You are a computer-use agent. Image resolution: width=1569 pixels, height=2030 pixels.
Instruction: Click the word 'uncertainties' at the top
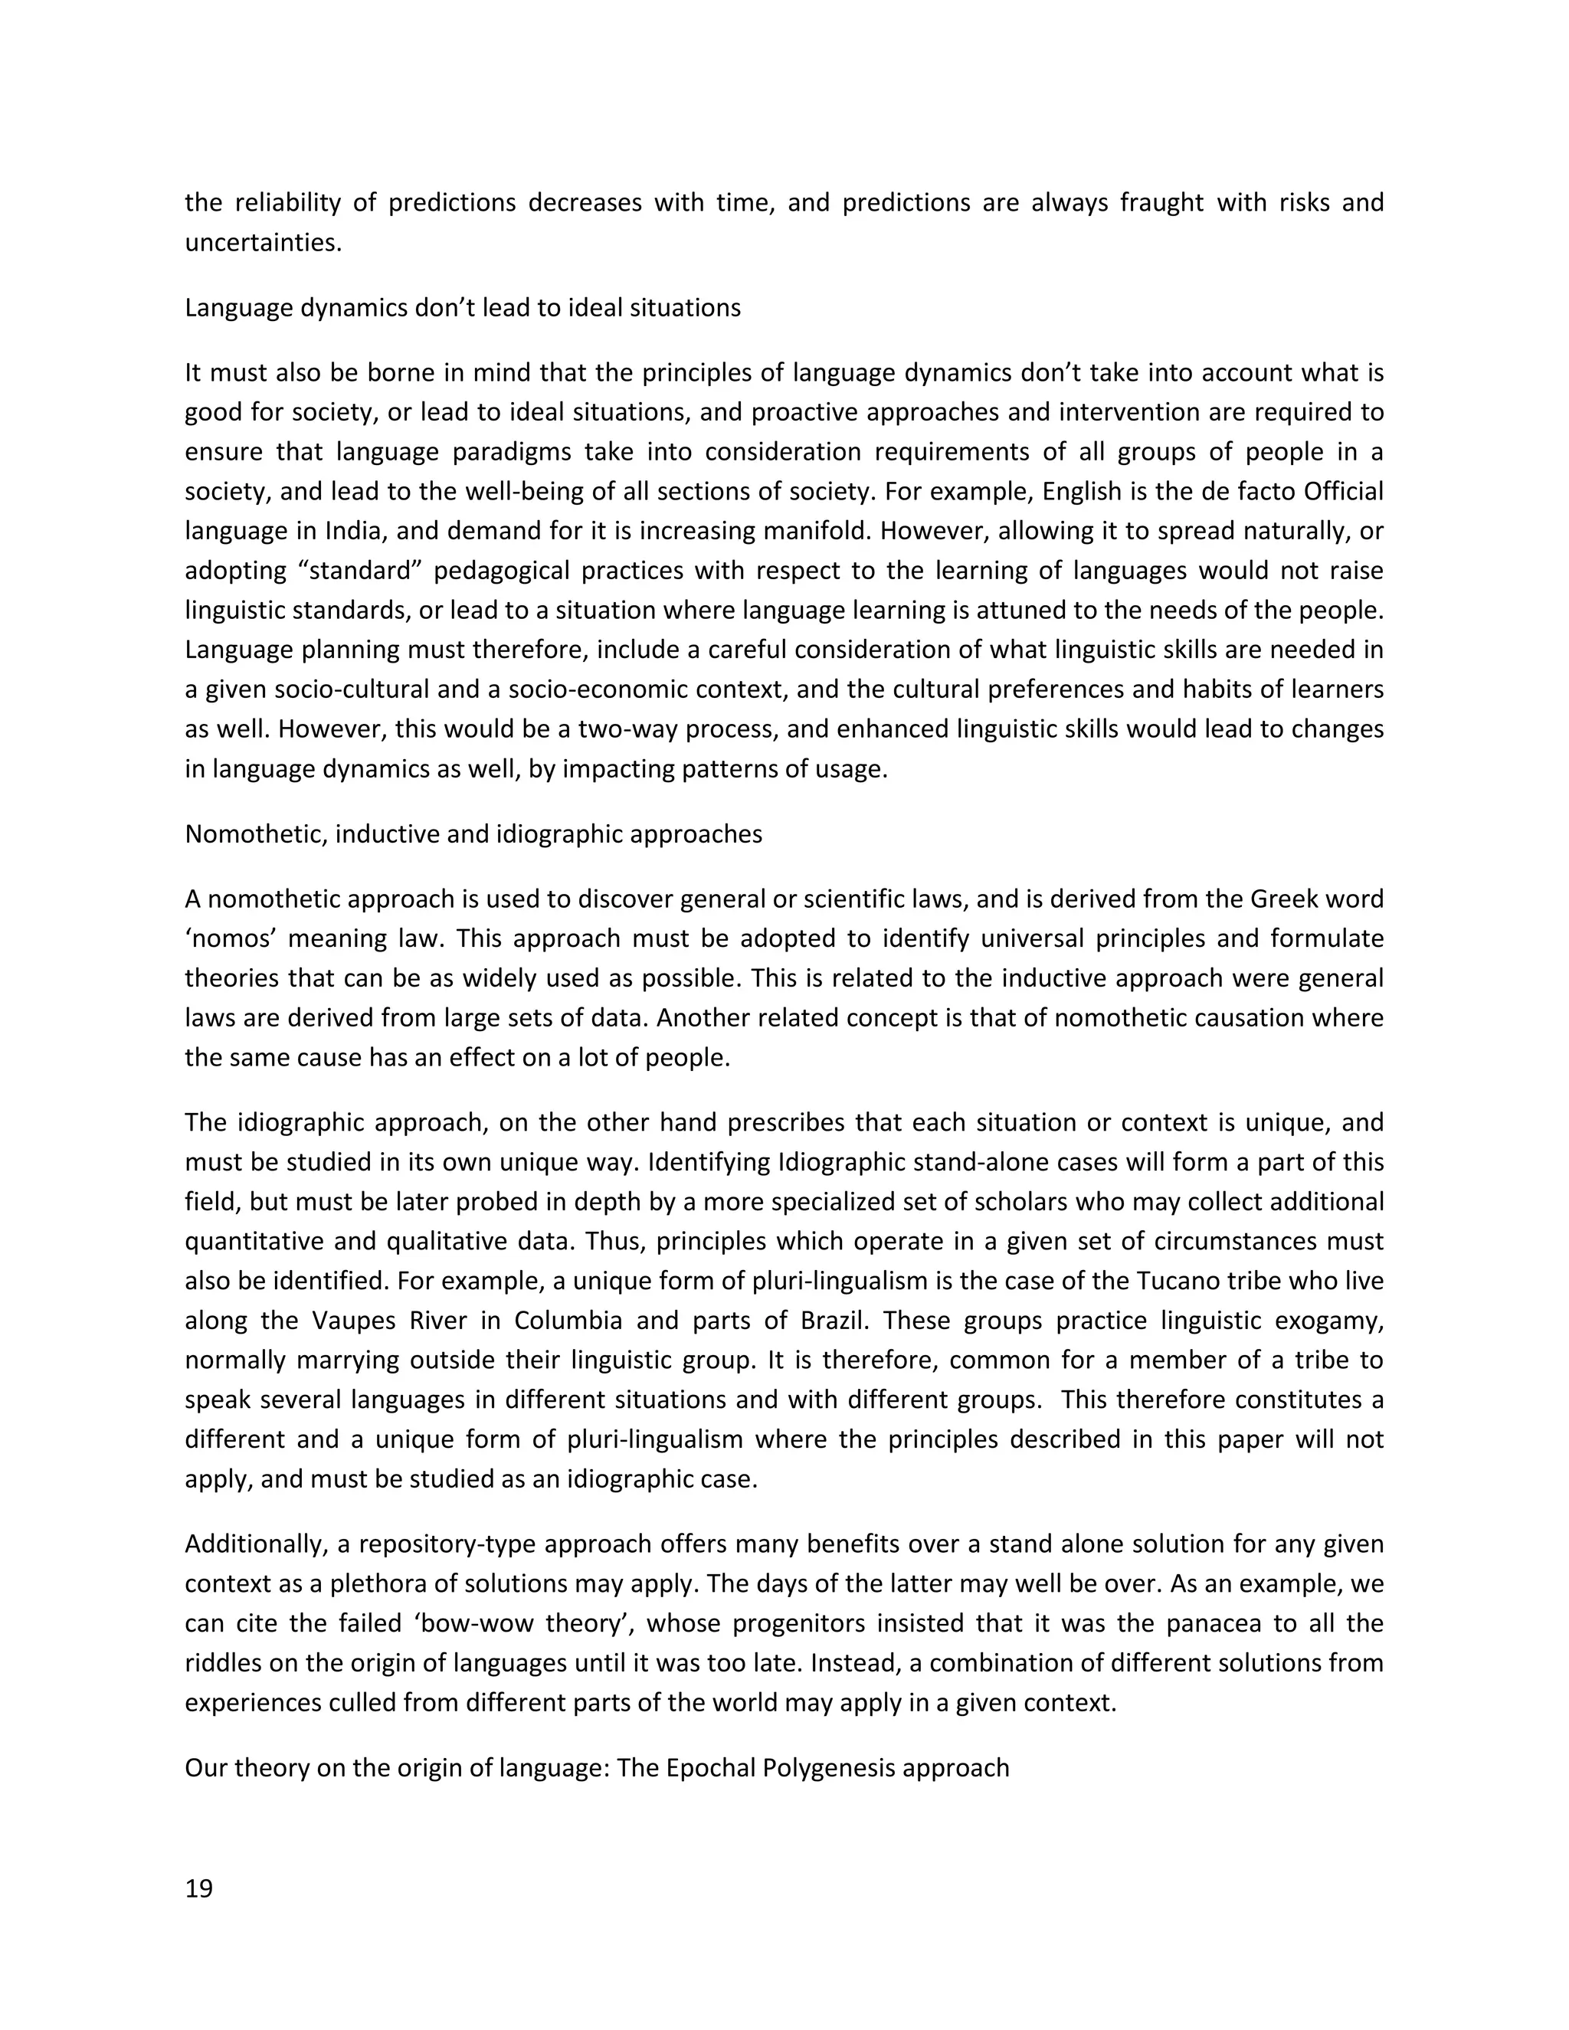262,243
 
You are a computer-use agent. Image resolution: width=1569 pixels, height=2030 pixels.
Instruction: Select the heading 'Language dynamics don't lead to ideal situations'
462,308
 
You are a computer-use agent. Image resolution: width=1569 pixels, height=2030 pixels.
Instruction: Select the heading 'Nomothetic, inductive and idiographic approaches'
473,833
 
